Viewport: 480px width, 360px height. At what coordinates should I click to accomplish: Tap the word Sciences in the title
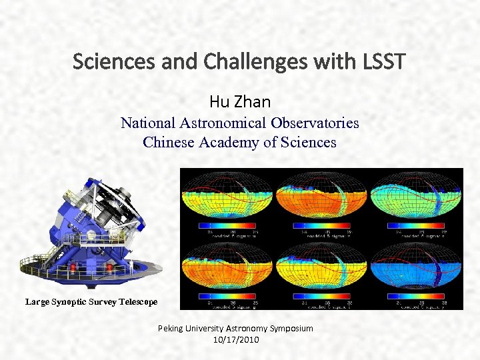click(x=103, y=62)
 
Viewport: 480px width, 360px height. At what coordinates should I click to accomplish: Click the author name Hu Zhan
click(x=239, y=101)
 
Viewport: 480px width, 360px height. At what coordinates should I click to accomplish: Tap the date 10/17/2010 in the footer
click(x=235, y=339)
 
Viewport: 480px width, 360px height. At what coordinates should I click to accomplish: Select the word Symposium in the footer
click(x=288, y=329)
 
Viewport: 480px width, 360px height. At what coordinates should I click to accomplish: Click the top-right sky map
click(x=415, y=197)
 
